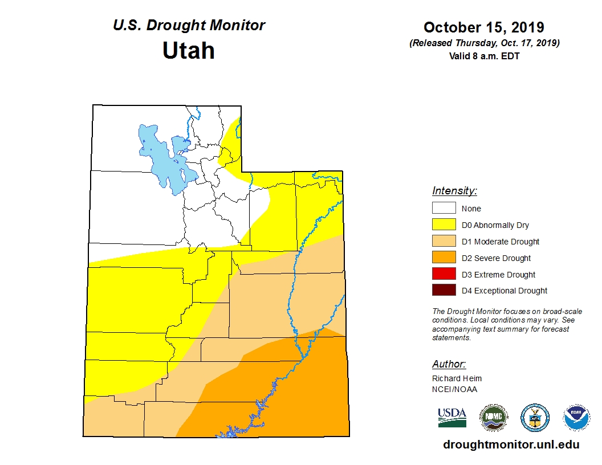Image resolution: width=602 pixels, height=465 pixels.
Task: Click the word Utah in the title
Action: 189,51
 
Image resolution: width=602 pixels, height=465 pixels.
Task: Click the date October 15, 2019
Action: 483,27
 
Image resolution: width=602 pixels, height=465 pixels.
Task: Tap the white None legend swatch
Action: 444,209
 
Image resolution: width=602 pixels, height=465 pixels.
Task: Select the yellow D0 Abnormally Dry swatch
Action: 444,225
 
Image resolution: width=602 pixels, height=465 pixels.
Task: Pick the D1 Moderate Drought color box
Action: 444,242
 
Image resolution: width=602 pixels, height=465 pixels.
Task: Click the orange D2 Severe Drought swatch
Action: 444,258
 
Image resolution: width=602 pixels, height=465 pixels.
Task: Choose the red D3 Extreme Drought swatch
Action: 444,275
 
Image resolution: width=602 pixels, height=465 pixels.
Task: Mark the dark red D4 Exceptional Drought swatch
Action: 444,291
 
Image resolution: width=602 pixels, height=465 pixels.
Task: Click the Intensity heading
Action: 454,191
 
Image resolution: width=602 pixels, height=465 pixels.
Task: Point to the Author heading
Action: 449,364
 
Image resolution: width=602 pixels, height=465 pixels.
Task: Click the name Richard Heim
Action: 457,378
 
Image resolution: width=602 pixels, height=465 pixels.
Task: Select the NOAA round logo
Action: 576,418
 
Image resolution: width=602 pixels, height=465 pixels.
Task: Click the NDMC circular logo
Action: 493,418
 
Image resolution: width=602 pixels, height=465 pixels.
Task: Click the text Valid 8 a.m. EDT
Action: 483,56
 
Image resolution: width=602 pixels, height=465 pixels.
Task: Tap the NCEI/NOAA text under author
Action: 454,389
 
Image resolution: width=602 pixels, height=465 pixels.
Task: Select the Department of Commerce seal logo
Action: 535,418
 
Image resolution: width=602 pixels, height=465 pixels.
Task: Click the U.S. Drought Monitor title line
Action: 189,26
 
